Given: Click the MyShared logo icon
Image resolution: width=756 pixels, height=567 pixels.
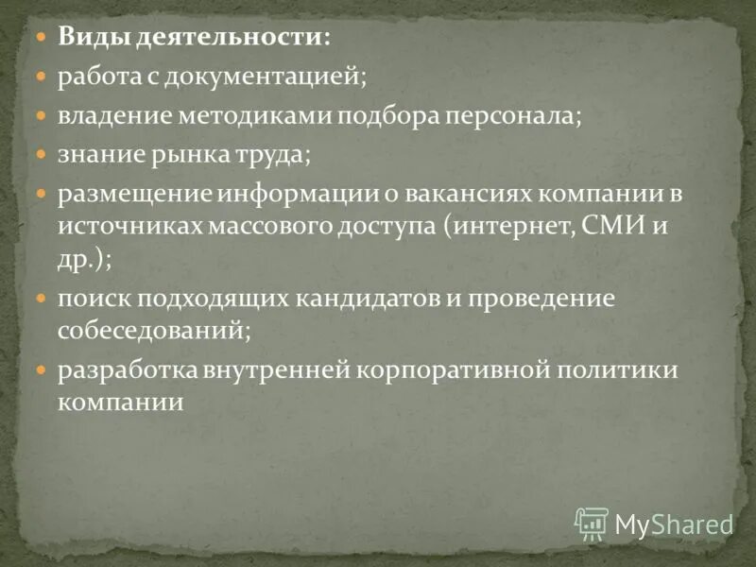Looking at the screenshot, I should (592, 523).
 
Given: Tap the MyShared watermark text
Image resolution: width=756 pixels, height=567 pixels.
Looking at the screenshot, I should (674, 524).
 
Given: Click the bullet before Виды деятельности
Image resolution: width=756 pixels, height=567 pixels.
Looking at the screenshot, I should (42, 38).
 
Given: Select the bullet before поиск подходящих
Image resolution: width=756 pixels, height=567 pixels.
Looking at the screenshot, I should (42, 299).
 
